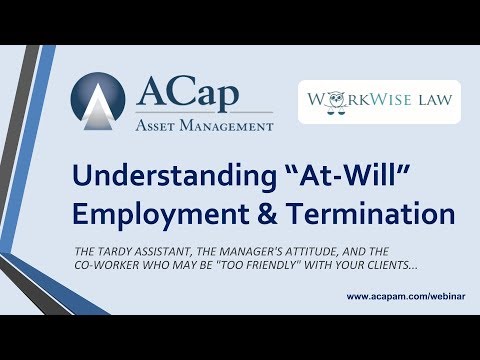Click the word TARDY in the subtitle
146,251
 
